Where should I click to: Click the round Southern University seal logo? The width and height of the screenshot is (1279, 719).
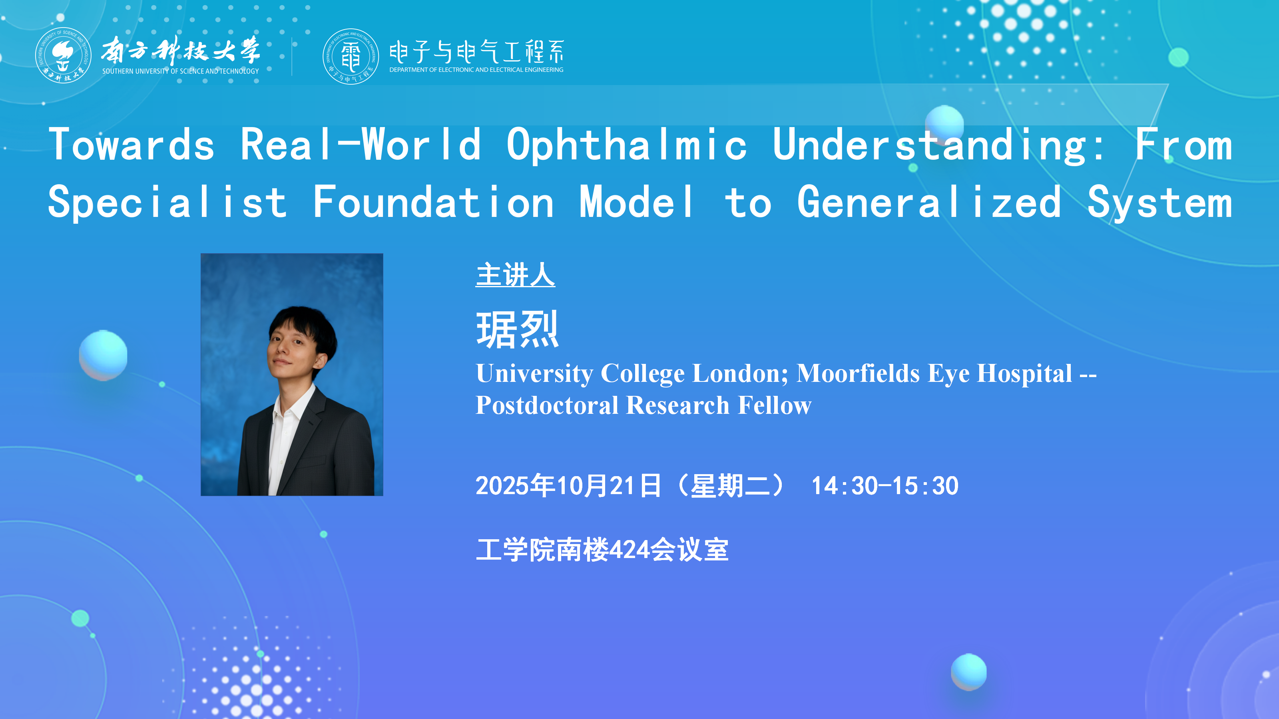(63, 55)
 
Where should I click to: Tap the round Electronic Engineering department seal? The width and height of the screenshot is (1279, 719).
(351, 56)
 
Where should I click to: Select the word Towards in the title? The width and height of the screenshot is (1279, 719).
(132, 144)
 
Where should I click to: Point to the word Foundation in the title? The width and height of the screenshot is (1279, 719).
(433, 202)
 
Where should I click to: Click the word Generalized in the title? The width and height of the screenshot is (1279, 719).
(929, 202)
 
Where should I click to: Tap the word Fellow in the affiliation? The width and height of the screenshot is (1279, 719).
(775, 405)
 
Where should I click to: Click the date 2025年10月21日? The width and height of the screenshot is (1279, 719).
(568, 486)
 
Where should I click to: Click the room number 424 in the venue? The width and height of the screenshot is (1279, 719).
(630, 550)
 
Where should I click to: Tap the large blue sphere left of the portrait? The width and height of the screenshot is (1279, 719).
(103, 355)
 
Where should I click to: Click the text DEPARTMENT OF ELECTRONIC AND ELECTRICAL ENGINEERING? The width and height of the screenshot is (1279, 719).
(476, 70)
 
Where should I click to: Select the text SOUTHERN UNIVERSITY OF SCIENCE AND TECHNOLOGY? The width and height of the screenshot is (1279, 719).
(181, 72)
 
